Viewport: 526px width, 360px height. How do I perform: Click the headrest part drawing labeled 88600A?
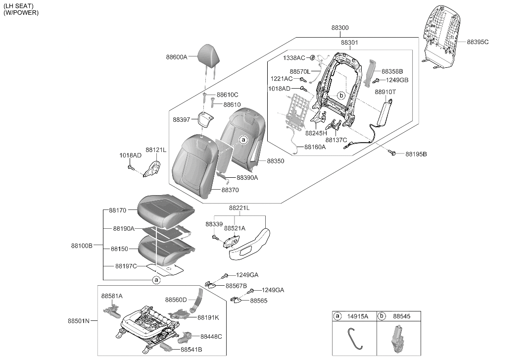click(x=209, y=53)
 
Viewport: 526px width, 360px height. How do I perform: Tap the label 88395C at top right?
click(x=478, y=42)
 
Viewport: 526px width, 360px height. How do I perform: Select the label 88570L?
click(x=300, y=71)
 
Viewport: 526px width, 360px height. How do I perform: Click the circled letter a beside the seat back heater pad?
click(x=243, y=140)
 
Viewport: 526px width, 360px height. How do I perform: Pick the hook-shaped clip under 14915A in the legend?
click(x=353, y=338)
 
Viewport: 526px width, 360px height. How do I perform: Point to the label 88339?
click(x=214, y=224)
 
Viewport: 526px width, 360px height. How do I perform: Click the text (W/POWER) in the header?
click(x=21, y=12)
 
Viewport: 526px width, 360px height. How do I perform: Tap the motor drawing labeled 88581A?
click(x=112, y=312)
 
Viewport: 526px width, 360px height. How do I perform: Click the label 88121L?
click(x=156, y=150)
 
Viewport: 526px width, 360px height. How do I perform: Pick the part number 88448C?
click(x=211, y=336)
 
